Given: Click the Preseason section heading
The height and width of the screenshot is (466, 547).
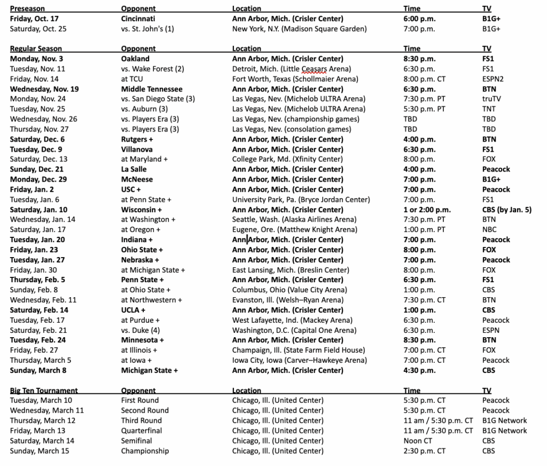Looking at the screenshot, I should (27, 9).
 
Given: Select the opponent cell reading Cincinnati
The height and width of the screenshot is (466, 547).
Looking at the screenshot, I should (139, 19).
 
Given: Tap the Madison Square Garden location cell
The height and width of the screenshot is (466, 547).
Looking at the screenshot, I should (299, 29).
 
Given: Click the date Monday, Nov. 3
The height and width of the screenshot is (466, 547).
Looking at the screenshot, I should (36, 59).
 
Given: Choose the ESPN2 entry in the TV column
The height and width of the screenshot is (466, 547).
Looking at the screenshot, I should (493, 79).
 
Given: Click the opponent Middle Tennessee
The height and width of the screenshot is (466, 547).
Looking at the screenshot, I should (152, 89).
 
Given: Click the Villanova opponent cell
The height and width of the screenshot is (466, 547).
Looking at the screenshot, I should (137, 149).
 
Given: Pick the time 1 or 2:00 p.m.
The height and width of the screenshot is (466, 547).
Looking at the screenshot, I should (427, 209).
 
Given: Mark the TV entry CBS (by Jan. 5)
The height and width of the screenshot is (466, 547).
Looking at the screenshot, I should (506, 209).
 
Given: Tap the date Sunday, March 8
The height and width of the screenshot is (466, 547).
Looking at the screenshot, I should (38, 370).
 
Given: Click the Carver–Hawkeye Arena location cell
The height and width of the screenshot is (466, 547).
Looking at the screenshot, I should (299, 360).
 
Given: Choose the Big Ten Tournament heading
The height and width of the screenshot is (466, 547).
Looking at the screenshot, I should (44, 391).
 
